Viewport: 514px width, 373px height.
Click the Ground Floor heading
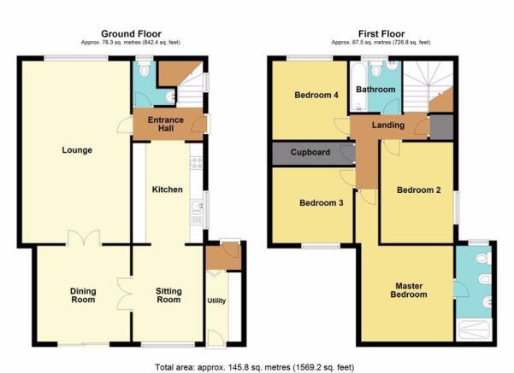click(131, 33)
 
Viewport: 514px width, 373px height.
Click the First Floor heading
click(381, 33)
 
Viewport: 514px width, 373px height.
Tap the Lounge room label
click(77, 150)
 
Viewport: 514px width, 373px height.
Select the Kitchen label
click(167, 189)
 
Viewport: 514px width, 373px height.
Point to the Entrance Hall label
click(166, 124)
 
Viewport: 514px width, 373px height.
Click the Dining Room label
click(83, 295)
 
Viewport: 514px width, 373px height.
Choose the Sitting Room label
click(168, 295)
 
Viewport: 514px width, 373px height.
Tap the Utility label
click(216, 300)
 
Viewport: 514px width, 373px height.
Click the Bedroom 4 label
click(316, 96)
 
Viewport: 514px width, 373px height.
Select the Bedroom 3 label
click(322, 203)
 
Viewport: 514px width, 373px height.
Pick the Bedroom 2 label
click(418, 190)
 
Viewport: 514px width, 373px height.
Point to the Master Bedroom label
click(409, 290)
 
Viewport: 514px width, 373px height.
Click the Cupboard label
click(310, 153)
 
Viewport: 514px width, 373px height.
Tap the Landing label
click(388, 125)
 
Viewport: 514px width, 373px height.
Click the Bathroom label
click(375, 90)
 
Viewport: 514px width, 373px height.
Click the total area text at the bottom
click(254, 367)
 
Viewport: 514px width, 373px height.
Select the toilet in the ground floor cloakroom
click(144, 69)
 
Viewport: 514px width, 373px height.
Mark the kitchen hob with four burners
click(197, 163)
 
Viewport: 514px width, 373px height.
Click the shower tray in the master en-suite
click(474, 330)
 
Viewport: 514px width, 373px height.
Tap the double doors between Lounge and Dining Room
click(84, 237)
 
